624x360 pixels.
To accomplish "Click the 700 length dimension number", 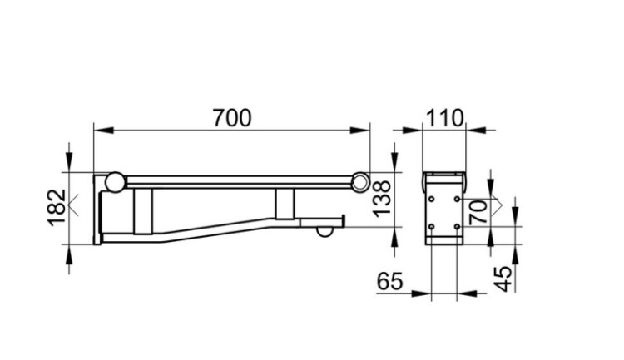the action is [232, 118].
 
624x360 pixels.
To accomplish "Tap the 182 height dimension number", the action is [57, 208].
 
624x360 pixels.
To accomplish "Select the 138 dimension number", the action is [382, 199].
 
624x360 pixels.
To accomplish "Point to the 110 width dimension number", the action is [444, 118].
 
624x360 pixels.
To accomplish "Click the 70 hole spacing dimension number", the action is [478, 212].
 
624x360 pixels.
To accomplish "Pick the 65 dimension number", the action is [390, 281].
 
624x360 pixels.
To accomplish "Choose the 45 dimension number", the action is [503, 279].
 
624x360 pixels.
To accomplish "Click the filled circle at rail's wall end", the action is [115, 182].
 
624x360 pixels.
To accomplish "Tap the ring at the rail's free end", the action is [360, 182].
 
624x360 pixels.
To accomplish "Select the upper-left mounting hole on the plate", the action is [431, 199].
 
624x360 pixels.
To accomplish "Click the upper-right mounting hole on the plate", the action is [458, 199].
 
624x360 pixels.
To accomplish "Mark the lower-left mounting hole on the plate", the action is [431, 227].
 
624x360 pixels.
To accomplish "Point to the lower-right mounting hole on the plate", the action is [458, 227].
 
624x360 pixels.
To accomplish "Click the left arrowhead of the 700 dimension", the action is [103, 130].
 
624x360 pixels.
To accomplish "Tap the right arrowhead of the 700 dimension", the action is [360, 130].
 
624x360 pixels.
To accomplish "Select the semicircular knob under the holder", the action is [325, 232].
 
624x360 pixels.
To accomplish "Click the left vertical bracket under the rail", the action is [143, 211].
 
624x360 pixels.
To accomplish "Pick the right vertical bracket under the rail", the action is [285, 203].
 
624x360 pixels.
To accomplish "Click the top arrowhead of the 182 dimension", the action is [70, 162].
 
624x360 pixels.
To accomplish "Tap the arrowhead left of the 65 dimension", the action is [422, 293].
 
